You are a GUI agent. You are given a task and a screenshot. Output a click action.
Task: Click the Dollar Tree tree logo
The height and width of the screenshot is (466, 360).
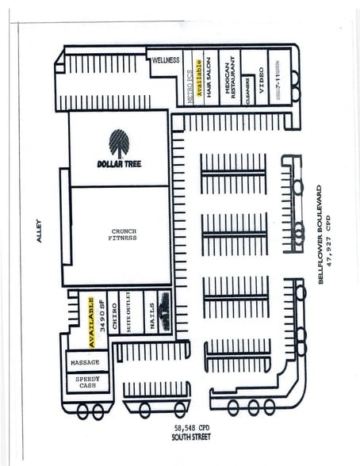(x=120, y=143)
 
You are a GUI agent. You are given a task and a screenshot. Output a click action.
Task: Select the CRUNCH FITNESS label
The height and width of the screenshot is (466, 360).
(x=123, y=235)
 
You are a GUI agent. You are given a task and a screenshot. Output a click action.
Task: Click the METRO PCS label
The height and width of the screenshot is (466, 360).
(x=190, y=79)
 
